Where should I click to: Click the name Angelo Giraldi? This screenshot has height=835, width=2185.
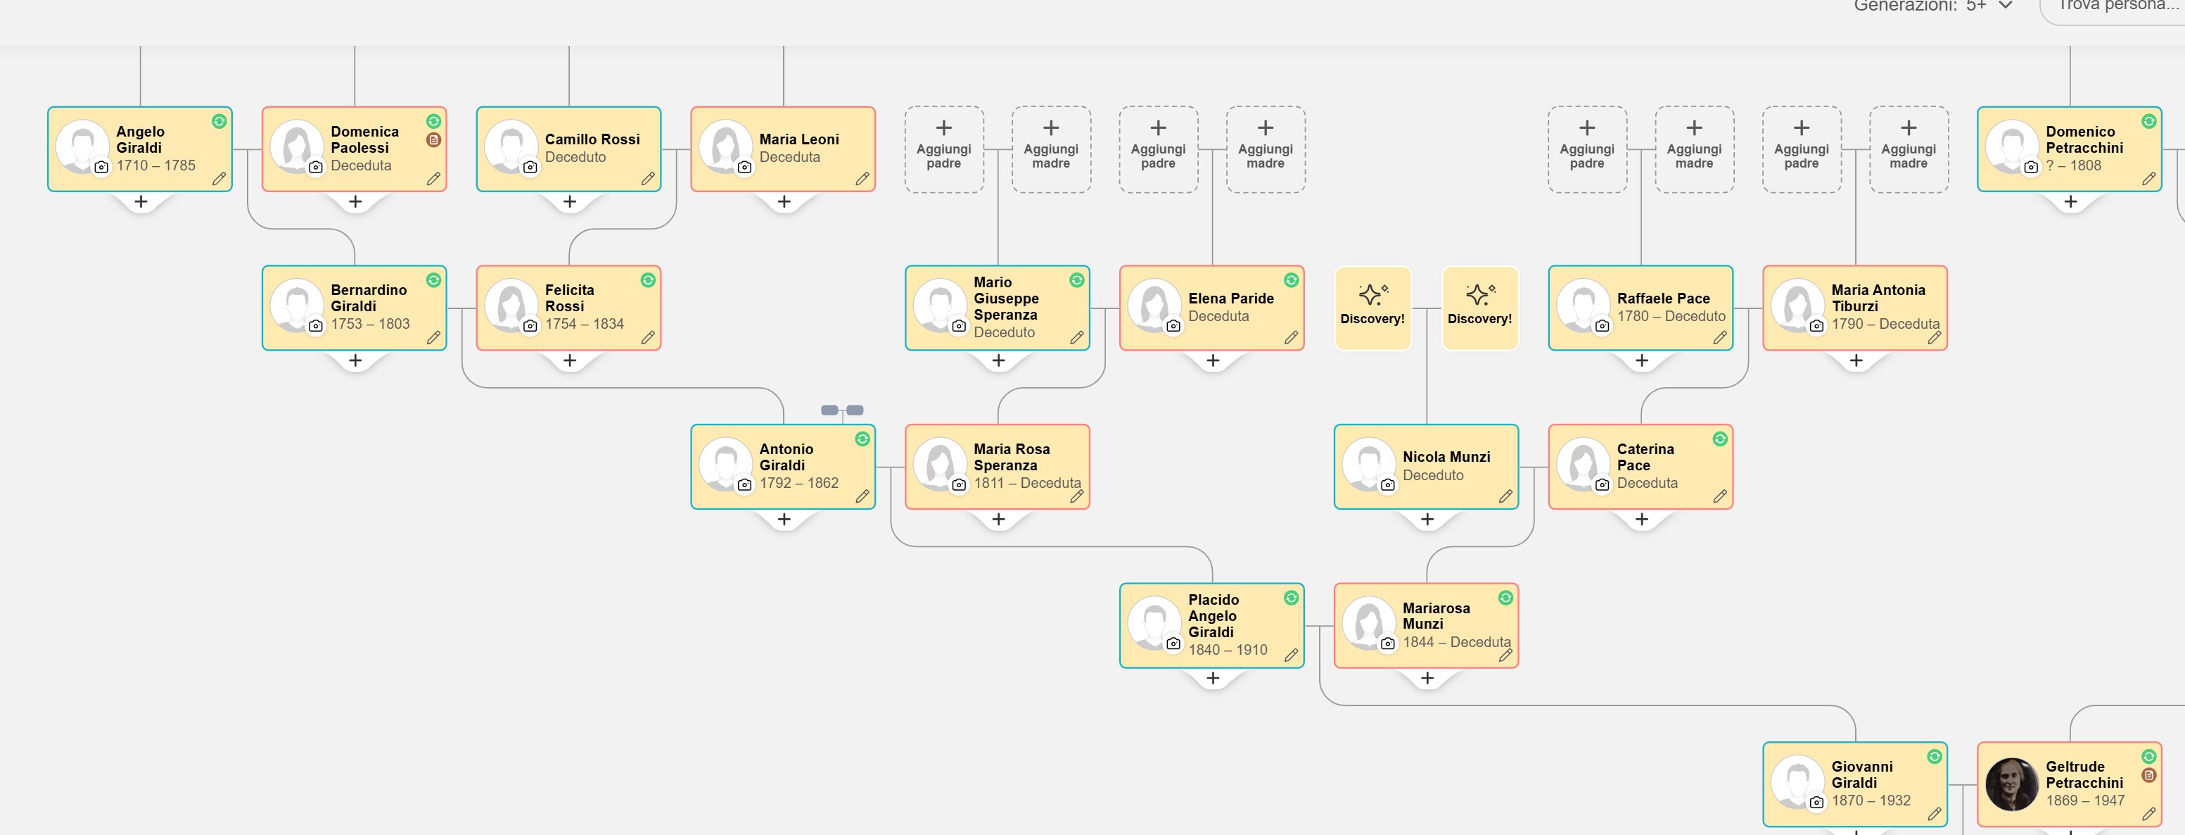[x=140, y=139]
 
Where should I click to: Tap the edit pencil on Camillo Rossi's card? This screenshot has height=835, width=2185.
[x=648, y=178]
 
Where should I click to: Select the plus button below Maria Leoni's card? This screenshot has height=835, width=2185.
[x=784, y=201]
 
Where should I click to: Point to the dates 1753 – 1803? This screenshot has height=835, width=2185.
[x=370, y=323]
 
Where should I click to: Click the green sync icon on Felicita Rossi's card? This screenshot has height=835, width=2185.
[x=648, y=280]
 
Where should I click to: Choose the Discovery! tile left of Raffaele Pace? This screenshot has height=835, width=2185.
[x=1479, y=307]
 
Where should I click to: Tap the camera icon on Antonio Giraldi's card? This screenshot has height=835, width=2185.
[x=744, y=484]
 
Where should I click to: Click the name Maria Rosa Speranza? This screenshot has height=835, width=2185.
[x=1011, y=456]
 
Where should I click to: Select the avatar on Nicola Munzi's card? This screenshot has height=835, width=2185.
[x=1368, y=463]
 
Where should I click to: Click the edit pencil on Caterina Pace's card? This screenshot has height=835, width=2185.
[x=1720, y=496]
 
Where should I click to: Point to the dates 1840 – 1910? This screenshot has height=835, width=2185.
[x=1228, y=649]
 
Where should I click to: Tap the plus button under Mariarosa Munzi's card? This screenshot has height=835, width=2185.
[x=1427, y=677]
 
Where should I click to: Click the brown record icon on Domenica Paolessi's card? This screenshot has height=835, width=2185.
[x=433, y=140]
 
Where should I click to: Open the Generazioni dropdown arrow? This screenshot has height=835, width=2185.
[x=2005, y=5]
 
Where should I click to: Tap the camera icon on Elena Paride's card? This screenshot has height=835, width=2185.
[x=1173, y=326]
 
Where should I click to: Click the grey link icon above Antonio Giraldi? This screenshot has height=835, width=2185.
[x=841, y=410]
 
